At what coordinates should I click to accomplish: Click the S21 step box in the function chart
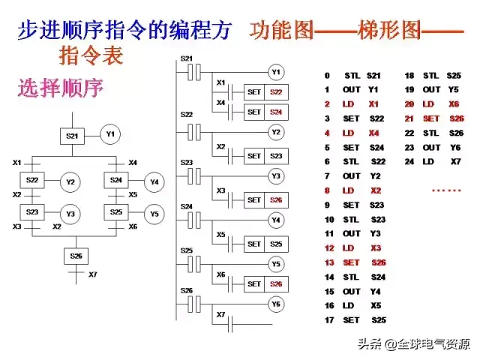click(x=72, y=136)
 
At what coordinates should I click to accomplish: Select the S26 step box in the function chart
click(x=76, y=256)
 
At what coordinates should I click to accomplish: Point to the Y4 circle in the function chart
click(x=153, y=181)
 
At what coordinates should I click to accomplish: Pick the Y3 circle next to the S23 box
click(x=70, y=214)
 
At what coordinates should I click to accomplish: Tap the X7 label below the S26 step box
click(x=92, y=274)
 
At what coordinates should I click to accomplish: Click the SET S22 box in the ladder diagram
click(x=265, y=91)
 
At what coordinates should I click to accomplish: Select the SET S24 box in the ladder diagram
click(x=265, y=112)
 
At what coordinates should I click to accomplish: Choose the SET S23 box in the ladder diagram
click(x=265, y=156)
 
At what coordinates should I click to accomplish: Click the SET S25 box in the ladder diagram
click(x=265, y=244)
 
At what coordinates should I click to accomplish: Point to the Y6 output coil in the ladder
click(x=275, y=304)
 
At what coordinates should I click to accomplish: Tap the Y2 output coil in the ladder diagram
click(x=275, y=132)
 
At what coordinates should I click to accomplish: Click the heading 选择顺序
click(x=60, y=88)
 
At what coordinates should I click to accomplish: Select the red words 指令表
click(x=91, y=55)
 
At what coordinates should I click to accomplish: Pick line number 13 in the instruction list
click(x=328, y=262)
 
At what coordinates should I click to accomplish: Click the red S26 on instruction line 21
click(x=456, y=118)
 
